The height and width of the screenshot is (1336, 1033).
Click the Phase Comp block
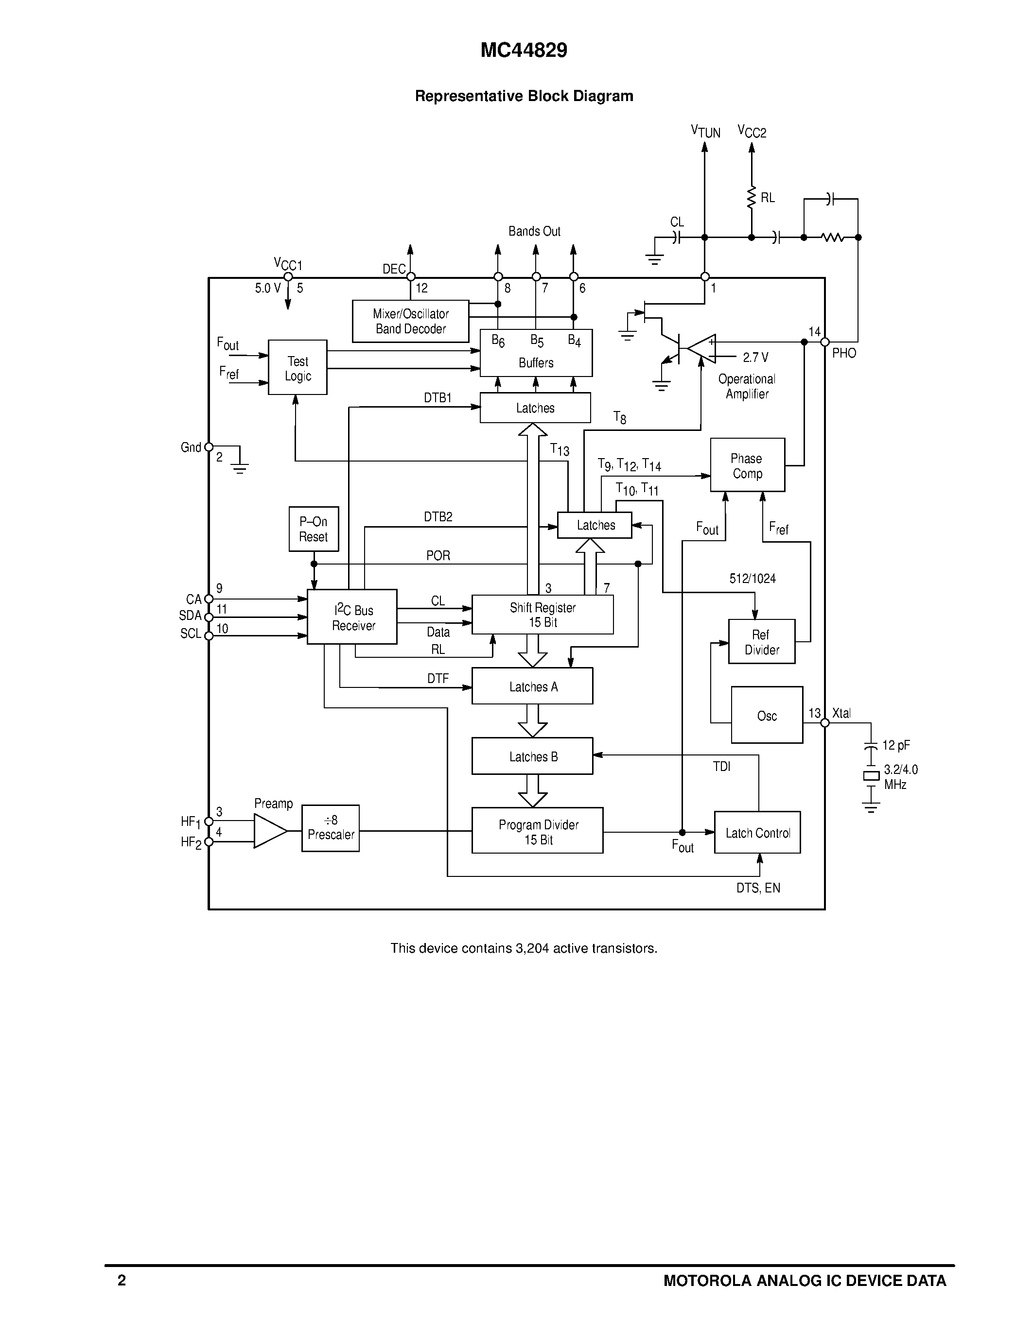747,465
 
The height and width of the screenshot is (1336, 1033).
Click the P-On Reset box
314,529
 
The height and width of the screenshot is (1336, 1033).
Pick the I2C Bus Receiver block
352,617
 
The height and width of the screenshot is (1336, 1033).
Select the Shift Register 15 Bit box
542,615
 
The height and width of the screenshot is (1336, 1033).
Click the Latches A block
532,686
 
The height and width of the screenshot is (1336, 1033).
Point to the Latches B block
532,756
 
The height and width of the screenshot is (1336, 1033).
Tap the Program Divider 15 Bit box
537,831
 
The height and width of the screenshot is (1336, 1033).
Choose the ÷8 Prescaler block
331,828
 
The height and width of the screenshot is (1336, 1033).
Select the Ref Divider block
761,642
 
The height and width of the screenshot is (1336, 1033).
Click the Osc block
767,715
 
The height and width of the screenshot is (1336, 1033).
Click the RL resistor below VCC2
752,198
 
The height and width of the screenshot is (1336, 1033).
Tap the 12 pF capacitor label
895,745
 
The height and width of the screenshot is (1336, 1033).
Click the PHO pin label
843,353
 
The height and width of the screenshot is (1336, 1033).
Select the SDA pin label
191,616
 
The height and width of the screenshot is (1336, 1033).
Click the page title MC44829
524,50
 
